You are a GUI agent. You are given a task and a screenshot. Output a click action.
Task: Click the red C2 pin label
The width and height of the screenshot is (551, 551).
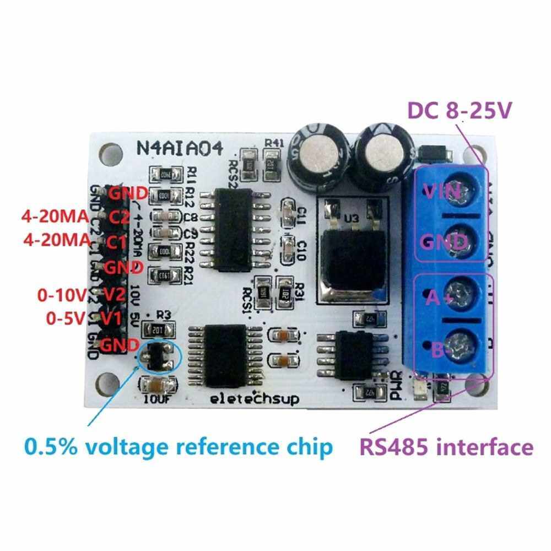pyautogui.click(x=118, y=217)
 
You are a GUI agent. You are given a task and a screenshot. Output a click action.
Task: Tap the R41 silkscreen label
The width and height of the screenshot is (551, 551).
pyautogui.click(x=273, y=143)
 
